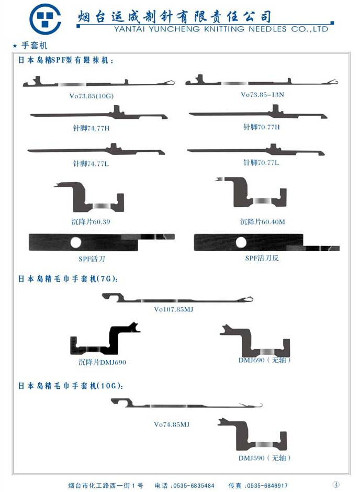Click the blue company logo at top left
45,19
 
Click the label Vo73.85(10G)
91,96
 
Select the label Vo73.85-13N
262,95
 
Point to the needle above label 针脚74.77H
99,114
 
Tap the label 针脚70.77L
261,163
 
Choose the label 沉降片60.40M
262,221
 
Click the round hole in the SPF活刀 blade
76,242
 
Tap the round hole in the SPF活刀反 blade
241,242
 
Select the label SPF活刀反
262,258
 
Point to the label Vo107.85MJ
173,309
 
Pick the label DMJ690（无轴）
265,360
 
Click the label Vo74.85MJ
172,424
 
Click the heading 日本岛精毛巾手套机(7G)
68,279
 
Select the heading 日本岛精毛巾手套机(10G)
71,386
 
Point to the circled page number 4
336,484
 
